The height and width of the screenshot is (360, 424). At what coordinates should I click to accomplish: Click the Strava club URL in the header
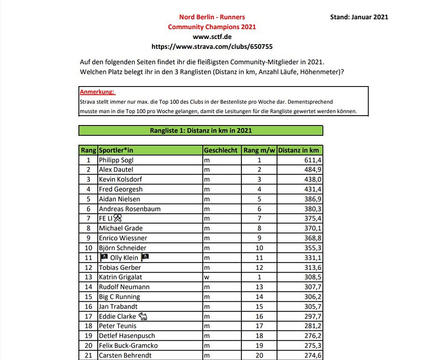tap(212, 47)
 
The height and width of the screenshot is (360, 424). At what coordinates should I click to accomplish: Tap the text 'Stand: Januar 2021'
tap(359, 17)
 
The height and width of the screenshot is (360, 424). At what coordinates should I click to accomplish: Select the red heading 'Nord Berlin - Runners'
tap(212, 17)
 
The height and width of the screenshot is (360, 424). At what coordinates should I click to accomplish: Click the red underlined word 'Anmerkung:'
tap(97, 92)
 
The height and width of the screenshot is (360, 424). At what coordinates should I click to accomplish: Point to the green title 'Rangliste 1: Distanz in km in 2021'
tap(201, 130)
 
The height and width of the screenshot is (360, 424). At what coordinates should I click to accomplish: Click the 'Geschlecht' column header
tap(221, 150)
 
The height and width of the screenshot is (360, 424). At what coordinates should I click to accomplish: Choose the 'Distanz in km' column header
tap(298, 150)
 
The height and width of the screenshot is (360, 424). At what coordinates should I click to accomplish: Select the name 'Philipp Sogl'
tap(116, 160)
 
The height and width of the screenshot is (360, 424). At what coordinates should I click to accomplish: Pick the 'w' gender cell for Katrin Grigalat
tap(207, 277)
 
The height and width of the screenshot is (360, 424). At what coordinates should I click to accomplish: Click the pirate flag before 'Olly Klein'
tap(104, 257)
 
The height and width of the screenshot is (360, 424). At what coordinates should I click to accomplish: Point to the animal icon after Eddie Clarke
tap(143, 316)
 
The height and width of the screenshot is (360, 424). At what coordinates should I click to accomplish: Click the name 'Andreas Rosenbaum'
tap(130, 209)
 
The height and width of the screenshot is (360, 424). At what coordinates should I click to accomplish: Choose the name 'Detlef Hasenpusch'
tap(127, 335)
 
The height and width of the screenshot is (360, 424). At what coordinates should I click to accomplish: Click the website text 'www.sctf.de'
tap(212, 37)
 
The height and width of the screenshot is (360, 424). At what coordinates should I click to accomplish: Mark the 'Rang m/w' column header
tap(259, 150)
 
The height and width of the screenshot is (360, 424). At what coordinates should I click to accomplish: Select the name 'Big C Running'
tap(119, 296)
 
